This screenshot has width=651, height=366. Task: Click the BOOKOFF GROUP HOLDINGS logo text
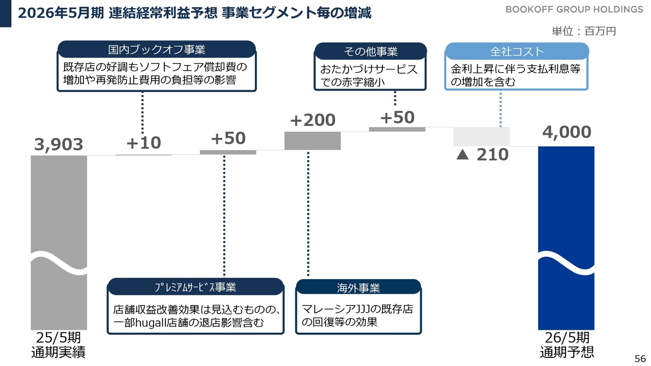point(574,10)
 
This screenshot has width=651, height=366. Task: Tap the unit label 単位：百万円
point(583,31)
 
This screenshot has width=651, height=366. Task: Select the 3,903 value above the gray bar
point(58,145)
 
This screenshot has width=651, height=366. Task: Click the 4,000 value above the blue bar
point(567,132)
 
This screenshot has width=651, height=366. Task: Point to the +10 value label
point(143,143)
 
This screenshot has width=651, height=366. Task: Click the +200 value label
point(313,120)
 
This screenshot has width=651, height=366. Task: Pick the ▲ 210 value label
point(483,155)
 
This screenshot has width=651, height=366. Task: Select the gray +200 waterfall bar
point(312,141)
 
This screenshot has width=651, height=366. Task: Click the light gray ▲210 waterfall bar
point(482,137)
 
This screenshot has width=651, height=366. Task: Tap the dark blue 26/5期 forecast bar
point(566,238)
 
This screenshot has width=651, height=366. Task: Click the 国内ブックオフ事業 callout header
point(157,49)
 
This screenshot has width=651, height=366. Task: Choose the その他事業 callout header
point(371,51)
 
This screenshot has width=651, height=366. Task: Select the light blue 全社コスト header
point(517,51)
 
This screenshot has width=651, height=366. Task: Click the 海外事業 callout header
point(359,288)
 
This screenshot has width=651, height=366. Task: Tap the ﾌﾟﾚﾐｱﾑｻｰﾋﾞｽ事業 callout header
point(196,287)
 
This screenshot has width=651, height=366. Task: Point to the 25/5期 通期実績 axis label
point(58,345)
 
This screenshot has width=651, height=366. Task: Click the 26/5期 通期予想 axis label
point(567,345)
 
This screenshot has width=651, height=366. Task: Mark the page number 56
point(640,359)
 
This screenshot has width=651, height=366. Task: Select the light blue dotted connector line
point(500,109)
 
